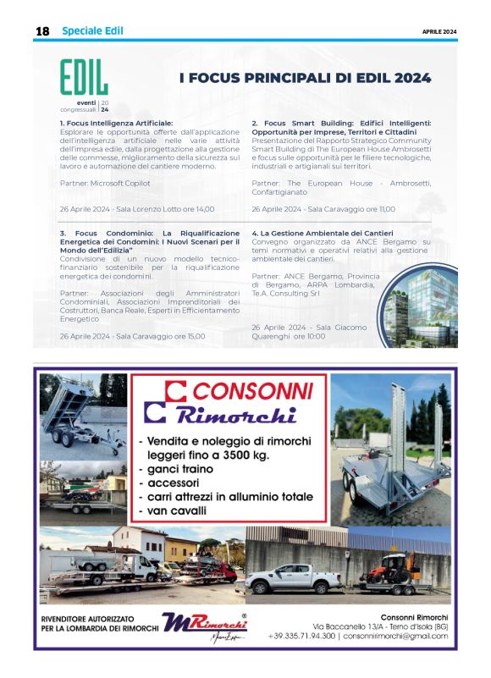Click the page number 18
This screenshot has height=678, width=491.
pyautogui.click(x=42, y=31)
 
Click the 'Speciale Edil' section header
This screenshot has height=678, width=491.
pyautogui.click(x=92, y=31)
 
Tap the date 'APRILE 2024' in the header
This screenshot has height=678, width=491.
pyautogui.click(x=439, y=31)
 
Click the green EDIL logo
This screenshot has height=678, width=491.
pyautogui.click(x=84, y=79)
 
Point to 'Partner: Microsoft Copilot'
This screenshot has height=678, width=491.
pyautogui.click(x=105, y=183)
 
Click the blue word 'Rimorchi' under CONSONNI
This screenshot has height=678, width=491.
pyautogui.click(x=236, y=416)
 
